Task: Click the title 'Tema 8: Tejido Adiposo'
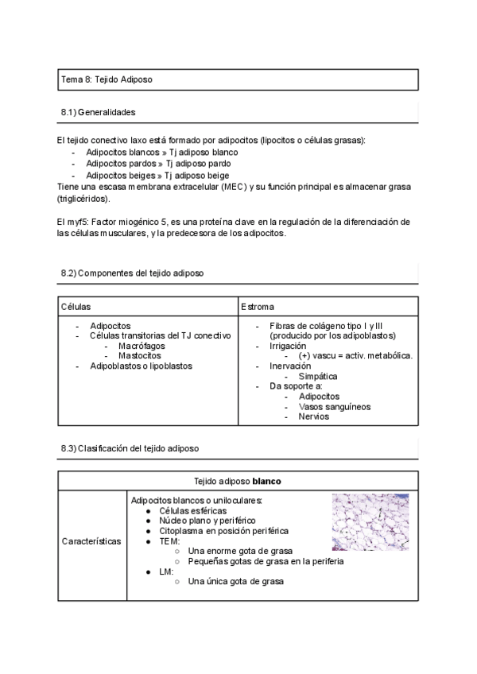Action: click(107, 80)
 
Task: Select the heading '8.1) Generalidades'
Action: click(98, 113)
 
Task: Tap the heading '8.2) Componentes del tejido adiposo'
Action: click(132, 273)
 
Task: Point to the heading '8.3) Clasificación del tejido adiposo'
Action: click(130, 448)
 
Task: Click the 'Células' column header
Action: click(76, 306)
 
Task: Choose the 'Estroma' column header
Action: click(258, 306)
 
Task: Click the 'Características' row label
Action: click(91, 541)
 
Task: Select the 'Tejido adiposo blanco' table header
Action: click(237, 482)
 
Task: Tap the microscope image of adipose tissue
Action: click(370, 522)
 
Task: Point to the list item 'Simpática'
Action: click(318, 376)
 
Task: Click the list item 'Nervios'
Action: click(314, 416)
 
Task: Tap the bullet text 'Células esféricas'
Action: click(193, 510)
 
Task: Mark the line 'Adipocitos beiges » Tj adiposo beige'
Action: click(157, 175)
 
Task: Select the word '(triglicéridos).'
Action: click(83, 198)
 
